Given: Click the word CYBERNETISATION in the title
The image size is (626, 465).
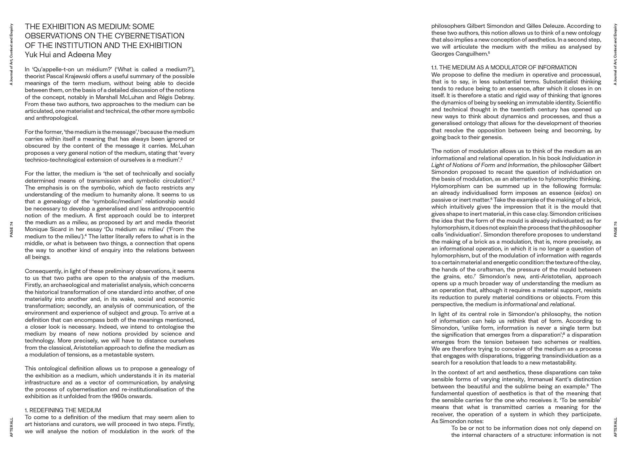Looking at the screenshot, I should click(x=149, y=36).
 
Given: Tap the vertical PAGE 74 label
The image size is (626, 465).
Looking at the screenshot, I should click(x=12, y=229).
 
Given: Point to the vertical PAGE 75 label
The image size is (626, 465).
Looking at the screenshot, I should click(x=615, y=229).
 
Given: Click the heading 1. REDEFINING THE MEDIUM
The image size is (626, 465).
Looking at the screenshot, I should click(x=63, y=410).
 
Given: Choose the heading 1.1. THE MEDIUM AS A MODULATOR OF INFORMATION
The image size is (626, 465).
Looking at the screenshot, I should click(x=504, y=68).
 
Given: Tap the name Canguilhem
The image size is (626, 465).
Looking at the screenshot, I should click(x=472, y=54).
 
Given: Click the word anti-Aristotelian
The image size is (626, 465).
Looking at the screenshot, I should click(x=552, y=277).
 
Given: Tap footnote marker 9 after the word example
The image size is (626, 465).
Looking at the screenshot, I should click(x=588, y=385).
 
